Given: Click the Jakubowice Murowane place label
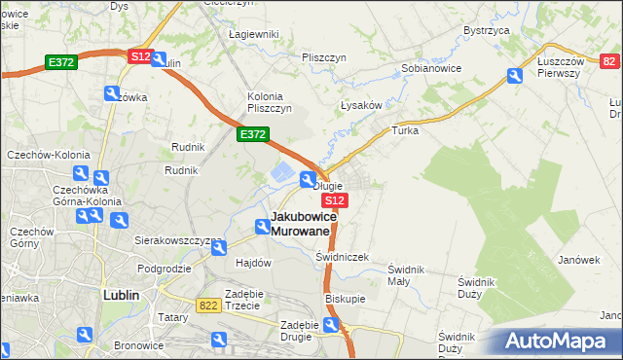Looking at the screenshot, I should (x=304, y=223).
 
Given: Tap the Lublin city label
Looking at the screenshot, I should (x=123, y=294).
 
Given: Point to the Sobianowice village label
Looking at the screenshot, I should (x=431, y=69).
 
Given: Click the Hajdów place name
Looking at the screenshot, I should (x=252, y=263).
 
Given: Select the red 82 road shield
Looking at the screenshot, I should (x=610, y=62).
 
